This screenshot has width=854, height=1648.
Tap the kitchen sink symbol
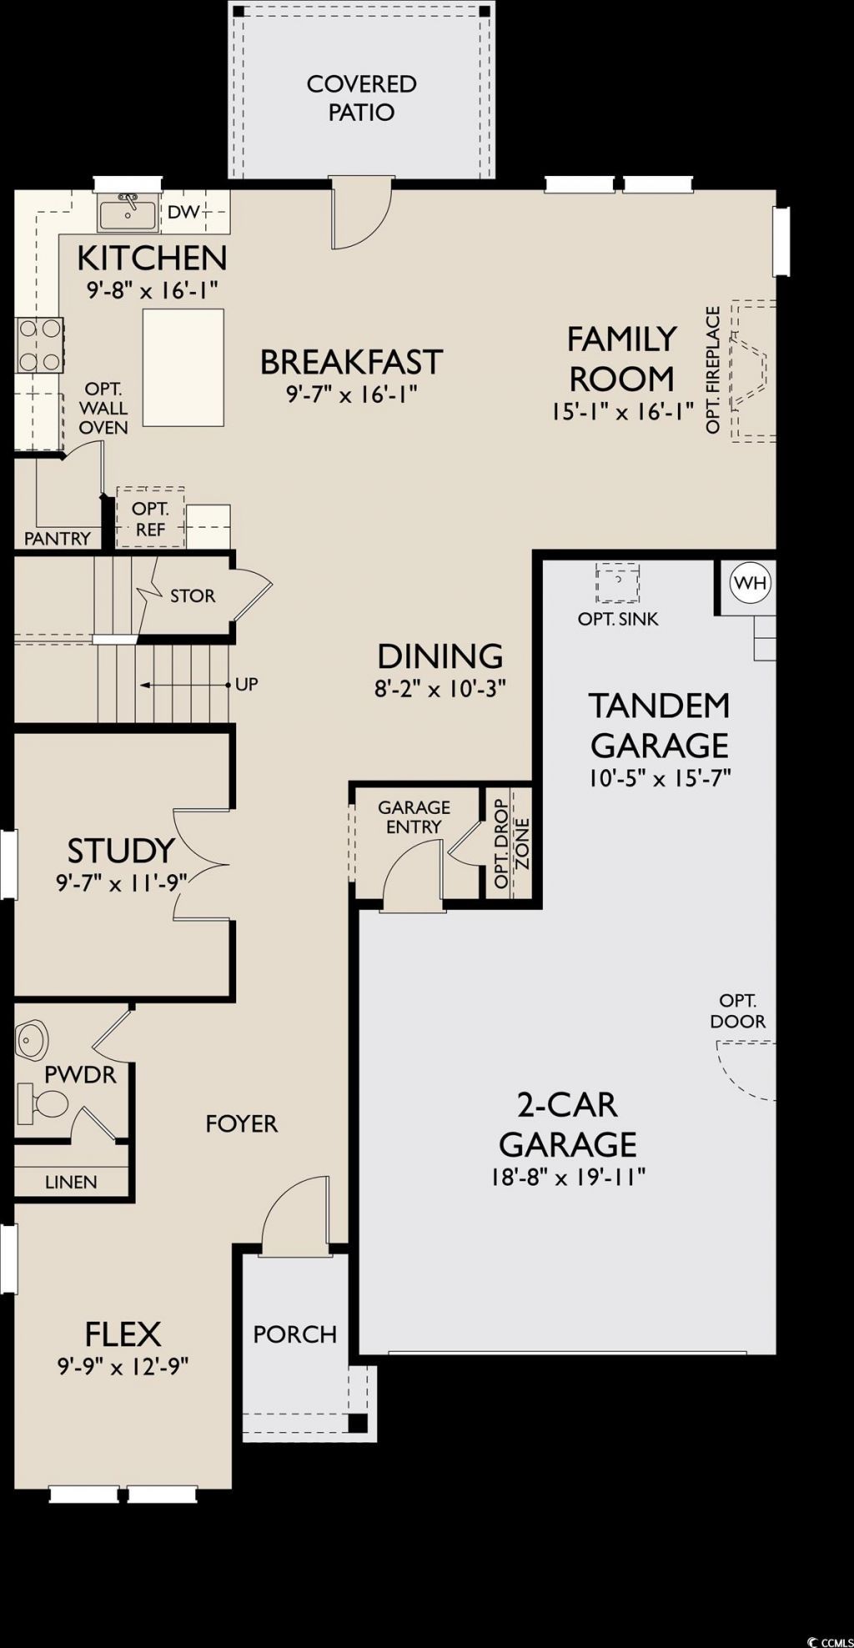[x=127, y=213]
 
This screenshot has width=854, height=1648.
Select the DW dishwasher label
[x=184, y=212]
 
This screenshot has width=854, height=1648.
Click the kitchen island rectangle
[x=183, y=367]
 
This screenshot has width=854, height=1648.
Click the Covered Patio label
[x=361, y=98]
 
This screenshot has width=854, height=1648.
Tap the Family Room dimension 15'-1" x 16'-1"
[x=622, y=411]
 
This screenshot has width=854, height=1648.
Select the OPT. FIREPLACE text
[x=712, y=370]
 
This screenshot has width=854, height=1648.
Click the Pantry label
[x=57, y=538]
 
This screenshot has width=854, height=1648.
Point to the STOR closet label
[x=193, y=595]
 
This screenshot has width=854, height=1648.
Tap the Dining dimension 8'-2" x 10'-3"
[x=441, y=689]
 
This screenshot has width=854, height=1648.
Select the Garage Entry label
[x=414, y=816]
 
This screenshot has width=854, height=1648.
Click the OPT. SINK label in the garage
[x=618, y=619]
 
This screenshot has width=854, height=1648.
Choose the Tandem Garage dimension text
[x=659, y=778]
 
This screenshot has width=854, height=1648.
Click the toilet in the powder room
[x=42, y=1103]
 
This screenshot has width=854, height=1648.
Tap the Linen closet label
[x=71, y=1182]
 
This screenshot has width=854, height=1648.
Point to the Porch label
[x=295, y=1334]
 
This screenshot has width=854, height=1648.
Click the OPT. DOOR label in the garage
[x=738, y=1011]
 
